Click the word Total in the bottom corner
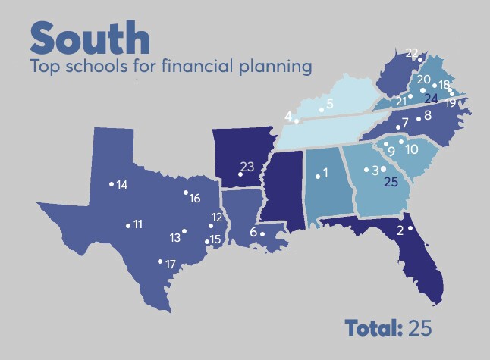pyautogui.click(x=373, y=328)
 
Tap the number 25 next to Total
pyautogui.click(x=419, y=328)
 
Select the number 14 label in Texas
pyautogui.click(x=121, y=185)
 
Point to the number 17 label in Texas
pyautogui.click(x=171, y=265)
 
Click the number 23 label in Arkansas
pyautogui.click(x=247, y=166)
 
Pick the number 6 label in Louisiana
pyautogui.click(x=253, y=233)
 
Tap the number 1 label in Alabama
pyautogui.click(x=325, y=173)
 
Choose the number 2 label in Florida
pyautogui.click(x=400, y=231)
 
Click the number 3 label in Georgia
pyautogui.click(x=375, y=170)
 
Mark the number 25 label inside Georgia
pyautogui.click(x=391, y=182)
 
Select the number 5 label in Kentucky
pyautogui.click(x=329, y=103)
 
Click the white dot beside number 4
pyautogui.click(x=297, y=121)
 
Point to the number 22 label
pyautogui.click(x=412, y=52)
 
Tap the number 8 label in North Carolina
pyautogui.click(x=427, y=115)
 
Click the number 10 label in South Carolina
pyautogui.click(x=412, y=149)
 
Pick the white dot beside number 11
pyautogui.click(x=128, y=224)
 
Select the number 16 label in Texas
pyautogui.click(x=195, y=199)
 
